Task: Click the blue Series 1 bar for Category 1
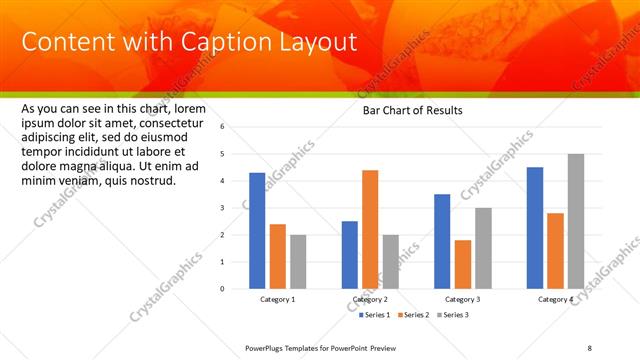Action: (257, 230)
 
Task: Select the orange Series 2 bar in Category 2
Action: (370, 229)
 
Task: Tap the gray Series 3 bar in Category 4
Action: (575, 221)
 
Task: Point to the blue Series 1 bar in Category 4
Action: (534, 227)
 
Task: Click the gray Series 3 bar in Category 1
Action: (298, 261)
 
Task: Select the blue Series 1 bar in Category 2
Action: (349, 254)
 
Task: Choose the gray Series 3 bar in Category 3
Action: (483, 248)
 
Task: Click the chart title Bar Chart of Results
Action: (412, 111)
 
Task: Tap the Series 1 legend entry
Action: (378, 315)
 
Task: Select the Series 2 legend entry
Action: (412, 315)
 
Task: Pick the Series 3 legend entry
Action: (451, 315)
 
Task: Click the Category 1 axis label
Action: (277, 300)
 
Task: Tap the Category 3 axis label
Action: (462, 300)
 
